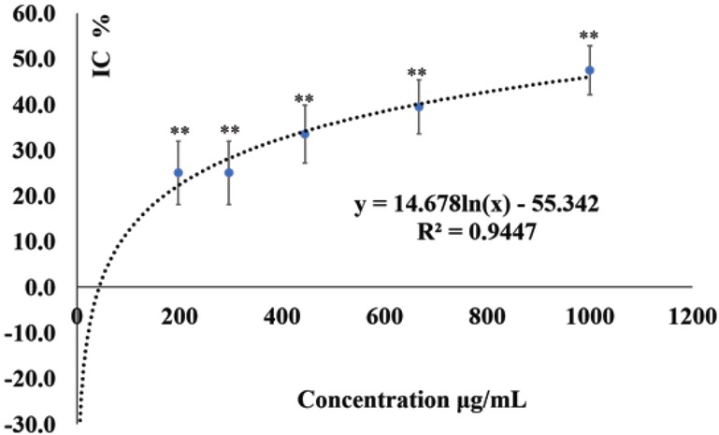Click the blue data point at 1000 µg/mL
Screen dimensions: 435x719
point(590,70)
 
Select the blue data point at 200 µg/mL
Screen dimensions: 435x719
point(179,172)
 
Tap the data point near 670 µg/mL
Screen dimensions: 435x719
point(419,107)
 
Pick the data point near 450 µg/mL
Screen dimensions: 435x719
point(305,134)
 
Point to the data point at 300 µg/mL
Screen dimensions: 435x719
point(229,172)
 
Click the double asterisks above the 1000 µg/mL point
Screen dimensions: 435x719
point(590,36)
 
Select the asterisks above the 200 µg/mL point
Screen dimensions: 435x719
point(179,131)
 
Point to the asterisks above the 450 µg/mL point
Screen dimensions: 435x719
point(305,98)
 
